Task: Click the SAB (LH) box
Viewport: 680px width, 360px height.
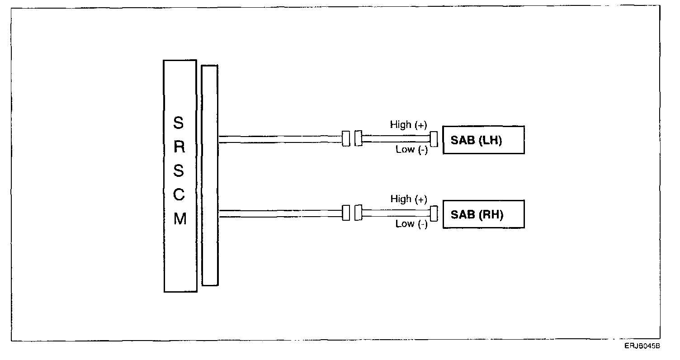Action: tap(483, 140)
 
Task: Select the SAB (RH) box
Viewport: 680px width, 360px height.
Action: tap(483, 214)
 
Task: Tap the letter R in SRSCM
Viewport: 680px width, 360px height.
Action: tap(179, 147)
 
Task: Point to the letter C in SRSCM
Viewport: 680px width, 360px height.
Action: tap(179, 195)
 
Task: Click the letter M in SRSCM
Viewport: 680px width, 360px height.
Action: tap(180, 219)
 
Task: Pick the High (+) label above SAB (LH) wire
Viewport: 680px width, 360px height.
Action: tap(409, 125)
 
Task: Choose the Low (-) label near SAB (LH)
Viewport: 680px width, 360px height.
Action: tap(411, 150)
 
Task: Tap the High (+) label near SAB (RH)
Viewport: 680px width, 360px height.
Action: tap(409, 199)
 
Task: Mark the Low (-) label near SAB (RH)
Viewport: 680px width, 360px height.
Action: tap(411, 224)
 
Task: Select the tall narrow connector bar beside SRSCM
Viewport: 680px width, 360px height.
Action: tap(209, 175)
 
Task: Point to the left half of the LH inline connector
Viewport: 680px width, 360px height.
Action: tap(346, 138)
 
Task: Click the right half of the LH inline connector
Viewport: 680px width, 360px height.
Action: tap(359, 138)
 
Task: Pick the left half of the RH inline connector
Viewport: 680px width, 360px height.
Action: tap(346, 213)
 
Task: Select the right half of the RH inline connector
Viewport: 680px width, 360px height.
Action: tap(359, 213)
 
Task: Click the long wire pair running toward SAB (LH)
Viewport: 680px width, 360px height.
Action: tap(280, 139)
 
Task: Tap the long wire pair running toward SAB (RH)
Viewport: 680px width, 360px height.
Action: tap(280, 213)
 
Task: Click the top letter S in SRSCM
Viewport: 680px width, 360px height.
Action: tap(179, 123)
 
